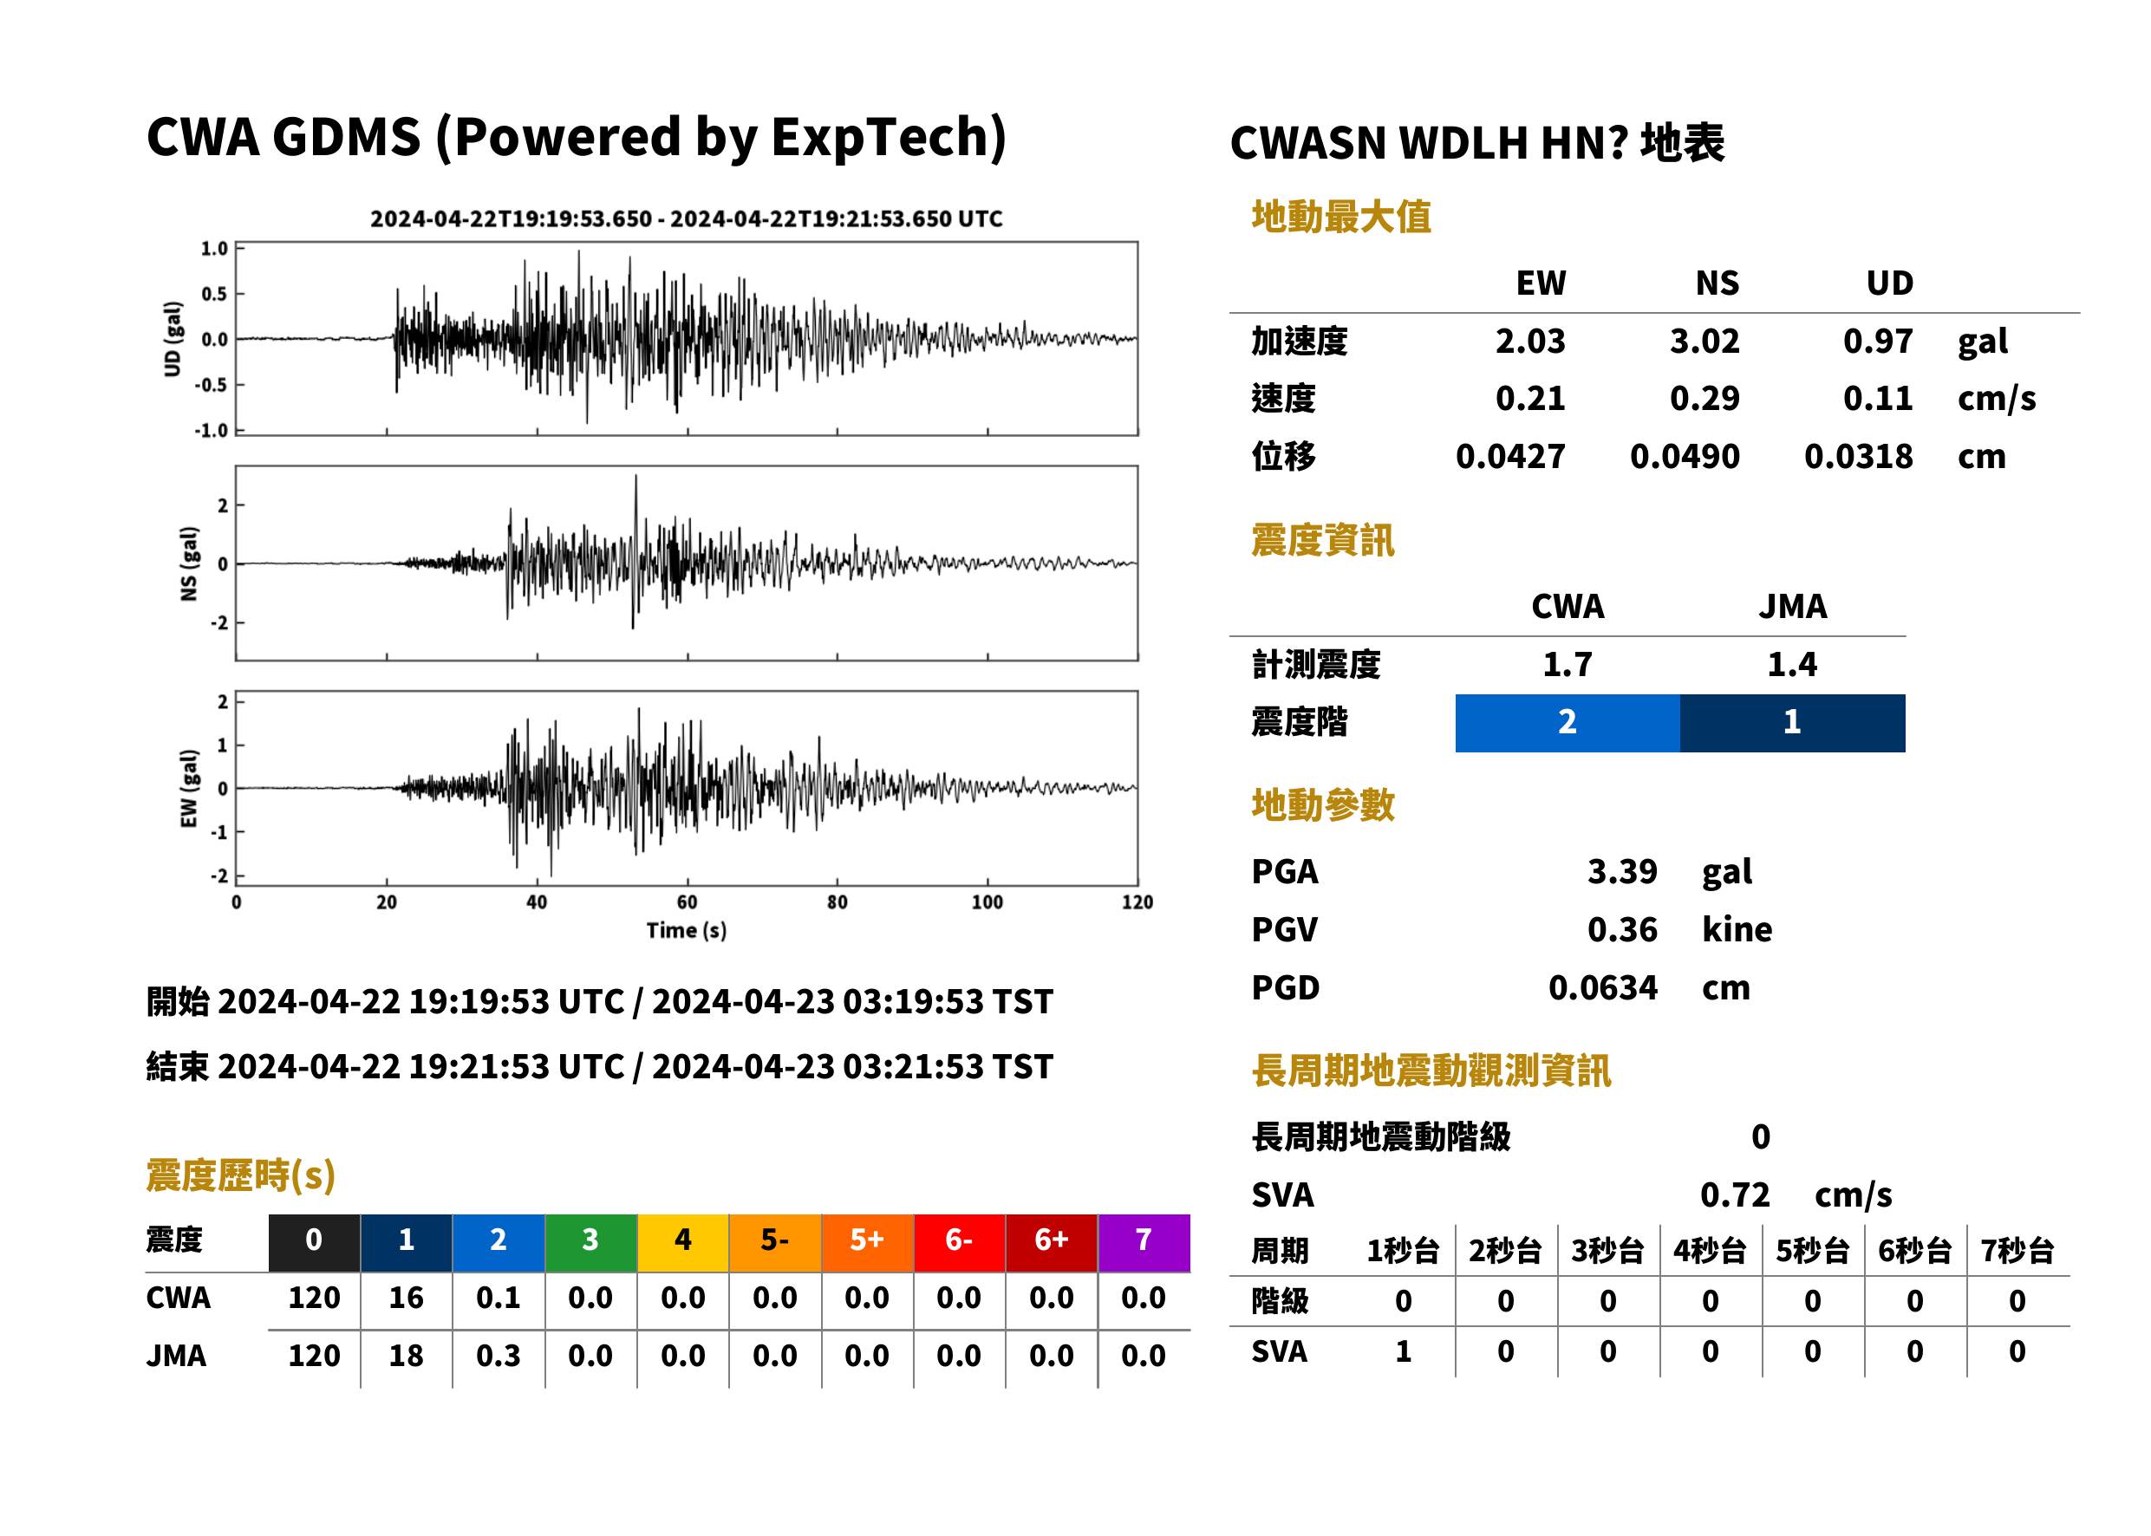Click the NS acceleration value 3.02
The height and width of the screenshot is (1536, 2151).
(x=1704, y=341)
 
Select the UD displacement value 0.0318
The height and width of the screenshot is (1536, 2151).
(x=1858, y=456)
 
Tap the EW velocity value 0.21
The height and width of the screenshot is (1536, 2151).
(x=1529, y=398)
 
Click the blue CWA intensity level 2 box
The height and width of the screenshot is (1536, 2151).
(x=1568, y=723)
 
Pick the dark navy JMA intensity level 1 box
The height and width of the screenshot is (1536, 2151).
(x=1793, y=723)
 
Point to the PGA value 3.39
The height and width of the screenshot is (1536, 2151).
(x=1622, y=871)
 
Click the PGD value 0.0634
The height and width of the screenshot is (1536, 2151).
(x=1603, y=987)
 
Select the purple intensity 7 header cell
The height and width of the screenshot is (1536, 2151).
(x=1144, y=1242)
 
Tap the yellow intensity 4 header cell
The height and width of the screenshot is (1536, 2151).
(x=683, y=1242)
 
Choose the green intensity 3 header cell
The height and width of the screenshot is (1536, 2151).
(x=590, y=1242)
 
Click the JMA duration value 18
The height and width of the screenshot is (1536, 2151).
(x=406, y=1356)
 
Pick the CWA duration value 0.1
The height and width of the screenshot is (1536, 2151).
(x=499, y=1298)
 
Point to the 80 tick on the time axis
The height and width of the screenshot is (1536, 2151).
(x=838, y=901)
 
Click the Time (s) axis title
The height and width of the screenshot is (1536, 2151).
(x=687, y=931)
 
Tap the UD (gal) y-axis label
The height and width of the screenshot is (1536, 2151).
(x=173, y=339)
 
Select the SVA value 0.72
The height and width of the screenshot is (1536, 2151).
(x=1735, y=1194)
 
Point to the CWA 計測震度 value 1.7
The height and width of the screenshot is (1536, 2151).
(x=1568, y=664)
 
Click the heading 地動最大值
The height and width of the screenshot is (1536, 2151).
(x=1341, y=217)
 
